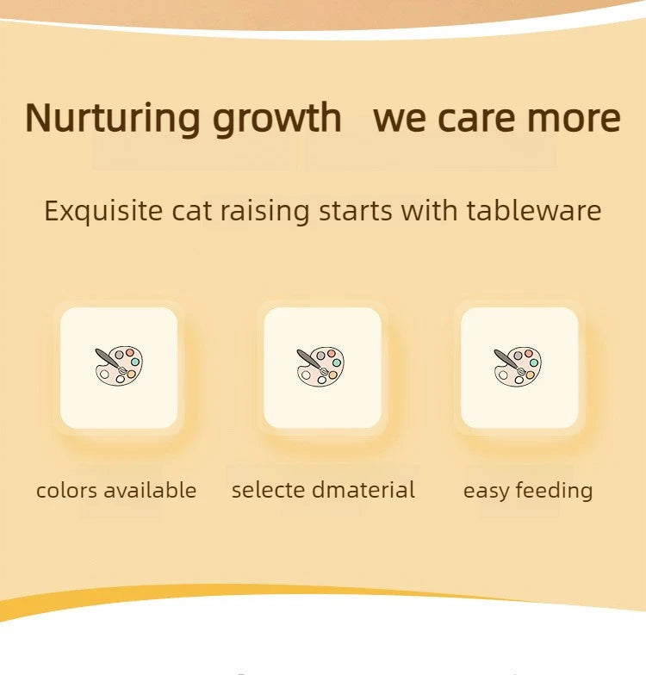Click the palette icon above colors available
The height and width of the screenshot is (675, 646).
click(x=119, y=365)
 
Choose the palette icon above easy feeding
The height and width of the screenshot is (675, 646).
click(x=518, y=365)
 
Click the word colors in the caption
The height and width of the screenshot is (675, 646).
click(x=66, y=491)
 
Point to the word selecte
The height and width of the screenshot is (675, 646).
click(x=268, y=491)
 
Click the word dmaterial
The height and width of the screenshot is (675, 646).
click(x=363, y=491)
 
